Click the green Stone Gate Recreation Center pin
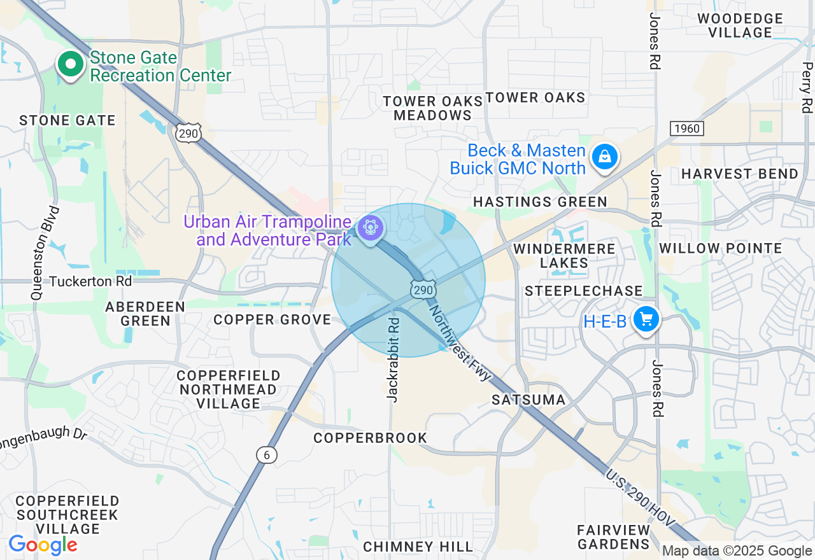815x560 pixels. (71, 64)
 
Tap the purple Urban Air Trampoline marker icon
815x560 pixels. (370, 227)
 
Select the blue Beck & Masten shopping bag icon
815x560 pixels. (604, 156)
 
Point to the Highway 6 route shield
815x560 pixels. (267, 454)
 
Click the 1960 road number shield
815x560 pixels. (686, 129)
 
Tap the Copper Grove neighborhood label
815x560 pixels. (272, 319)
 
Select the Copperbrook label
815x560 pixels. (370, 438)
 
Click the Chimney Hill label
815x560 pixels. (418, 547)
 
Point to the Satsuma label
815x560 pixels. (528, 400)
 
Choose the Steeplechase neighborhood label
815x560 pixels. (583, 291)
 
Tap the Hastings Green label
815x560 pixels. (540, 202)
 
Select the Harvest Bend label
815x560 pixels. (739, 174)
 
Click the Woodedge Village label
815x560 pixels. (739, 25)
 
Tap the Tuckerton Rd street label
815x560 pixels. (90, 281)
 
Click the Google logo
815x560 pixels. (43, 545)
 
